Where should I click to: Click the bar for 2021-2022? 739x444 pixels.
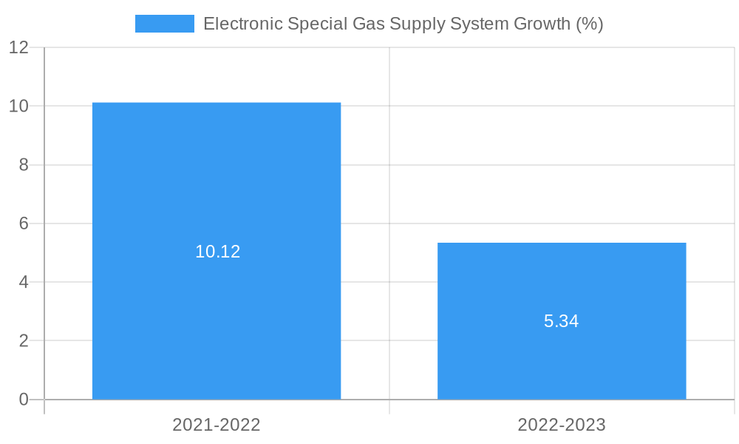pos(217,185)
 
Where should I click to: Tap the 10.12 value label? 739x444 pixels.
pos(218,252)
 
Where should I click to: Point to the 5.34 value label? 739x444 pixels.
pos(562,321)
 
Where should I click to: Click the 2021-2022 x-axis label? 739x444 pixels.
pos(217,425)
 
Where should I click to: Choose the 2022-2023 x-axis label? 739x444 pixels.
pos(562,425)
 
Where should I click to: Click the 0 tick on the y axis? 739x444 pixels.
pos(23,400)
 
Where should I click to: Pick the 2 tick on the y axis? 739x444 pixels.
pos(23,341)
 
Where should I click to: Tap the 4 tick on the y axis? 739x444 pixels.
pos(23,282)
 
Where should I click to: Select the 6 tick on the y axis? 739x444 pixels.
pos(23,223)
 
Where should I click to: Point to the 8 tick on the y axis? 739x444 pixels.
pos(23,165)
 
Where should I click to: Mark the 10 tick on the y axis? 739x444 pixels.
pos(18,106)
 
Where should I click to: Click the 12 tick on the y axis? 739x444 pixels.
pos(18,47)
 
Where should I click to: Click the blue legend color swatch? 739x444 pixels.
pos(164,24)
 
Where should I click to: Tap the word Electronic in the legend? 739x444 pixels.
pos(242,24)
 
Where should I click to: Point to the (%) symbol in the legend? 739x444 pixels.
pos(590,24)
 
